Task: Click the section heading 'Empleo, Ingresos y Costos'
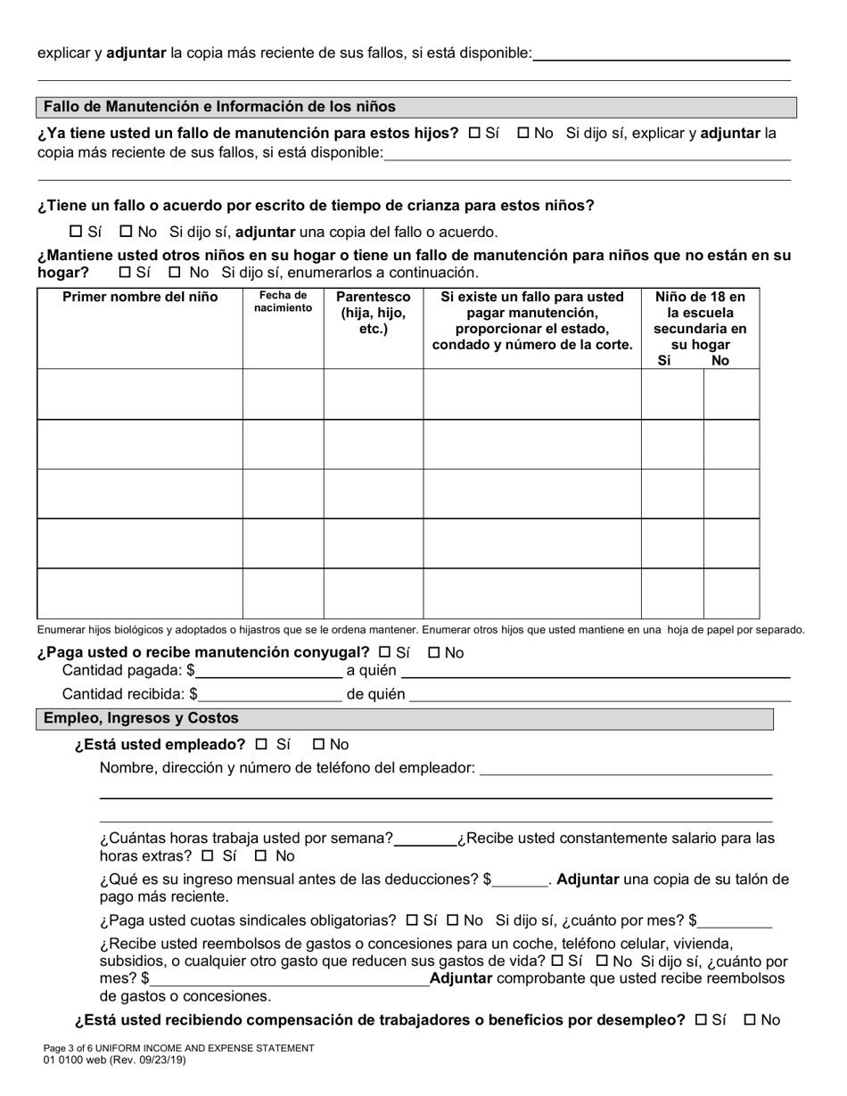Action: [x=141, y=718]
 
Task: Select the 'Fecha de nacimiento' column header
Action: [x=283, y=302]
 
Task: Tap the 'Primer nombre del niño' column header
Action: [x=140, y=298]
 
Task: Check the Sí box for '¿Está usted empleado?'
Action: [x=261, y=744]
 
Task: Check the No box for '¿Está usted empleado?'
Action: [x=319, y=744]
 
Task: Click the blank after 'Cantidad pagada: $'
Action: [x=269, y=671]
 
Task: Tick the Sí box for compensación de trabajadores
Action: [x=700, y=1020]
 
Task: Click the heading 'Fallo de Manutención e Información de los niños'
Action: [x=219, y=107]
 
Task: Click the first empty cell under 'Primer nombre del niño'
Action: [x=140, y=394]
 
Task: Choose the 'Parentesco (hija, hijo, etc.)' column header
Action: [x=373, y=313]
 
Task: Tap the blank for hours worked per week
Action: [x=424, y=838]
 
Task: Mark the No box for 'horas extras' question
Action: [x=261, y=856]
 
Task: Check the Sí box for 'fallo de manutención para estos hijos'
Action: [x=474, y=133]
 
